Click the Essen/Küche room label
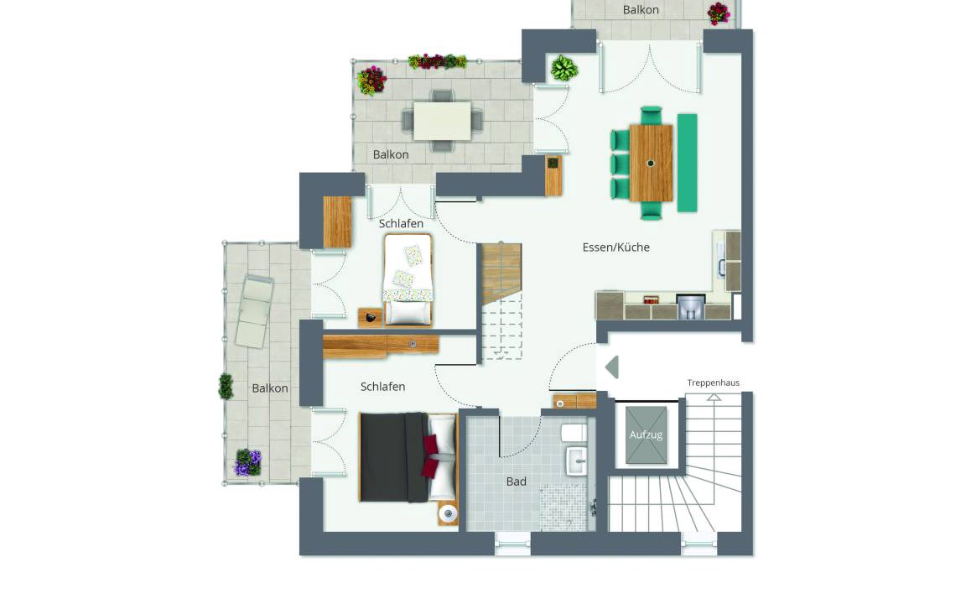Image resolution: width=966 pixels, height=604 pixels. point(616,247)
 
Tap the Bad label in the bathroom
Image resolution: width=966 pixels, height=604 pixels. point(517,482)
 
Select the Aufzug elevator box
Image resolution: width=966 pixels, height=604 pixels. point(646,435)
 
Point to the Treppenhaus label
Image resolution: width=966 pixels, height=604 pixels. point(714,383)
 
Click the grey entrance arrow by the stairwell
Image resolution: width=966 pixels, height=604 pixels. point(612,367)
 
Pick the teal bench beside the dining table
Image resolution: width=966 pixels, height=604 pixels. point(687,163)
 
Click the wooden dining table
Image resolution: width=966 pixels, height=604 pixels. point(651,163)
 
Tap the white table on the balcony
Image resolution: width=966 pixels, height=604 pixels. point(443,121)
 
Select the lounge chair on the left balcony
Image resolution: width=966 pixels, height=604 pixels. point(254,311)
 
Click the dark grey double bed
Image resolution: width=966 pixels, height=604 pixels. point(408,456)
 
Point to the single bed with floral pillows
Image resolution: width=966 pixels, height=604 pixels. point(408,279)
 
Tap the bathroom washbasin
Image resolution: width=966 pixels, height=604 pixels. point(577,461)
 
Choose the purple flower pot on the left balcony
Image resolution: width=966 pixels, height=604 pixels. point(248,462)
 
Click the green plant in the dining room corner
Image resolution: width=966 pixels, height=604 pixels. point(563,68)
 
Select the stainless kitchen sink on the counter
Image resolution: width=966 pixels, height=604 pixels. point(690,306)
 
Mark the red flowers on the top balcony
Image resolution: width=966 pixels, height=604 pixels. point(719,13)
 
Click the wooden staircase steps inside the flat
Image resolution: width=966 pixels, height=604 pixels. point(501,273)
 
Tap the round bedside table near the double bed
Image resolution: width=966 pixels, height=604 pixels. point(448,513)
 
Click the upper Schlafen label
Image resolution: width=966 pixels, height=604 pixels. point(401,223)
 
